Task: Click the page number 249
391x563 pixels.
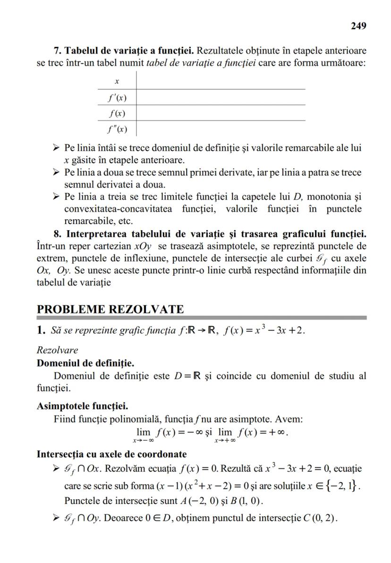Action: coord(358,26)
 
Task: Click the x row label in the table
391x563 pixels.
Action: coord(117,81)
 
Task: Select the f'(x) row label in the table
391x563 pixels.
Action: coord(116,98)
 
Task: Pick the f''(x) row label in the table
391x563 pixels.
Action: coord(116,129)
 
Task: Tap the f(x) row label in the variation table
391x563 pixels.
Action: coord(116,113)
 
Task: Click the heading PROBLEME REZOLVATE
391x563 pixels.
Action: coord(110,309)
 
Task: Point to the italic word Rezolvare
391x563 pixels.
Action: coord(57,350)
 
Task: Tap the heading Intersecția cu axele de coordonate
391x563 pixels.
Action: coord(111,455)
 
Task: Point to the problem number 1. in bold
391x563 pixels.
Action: coord(42,330)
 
